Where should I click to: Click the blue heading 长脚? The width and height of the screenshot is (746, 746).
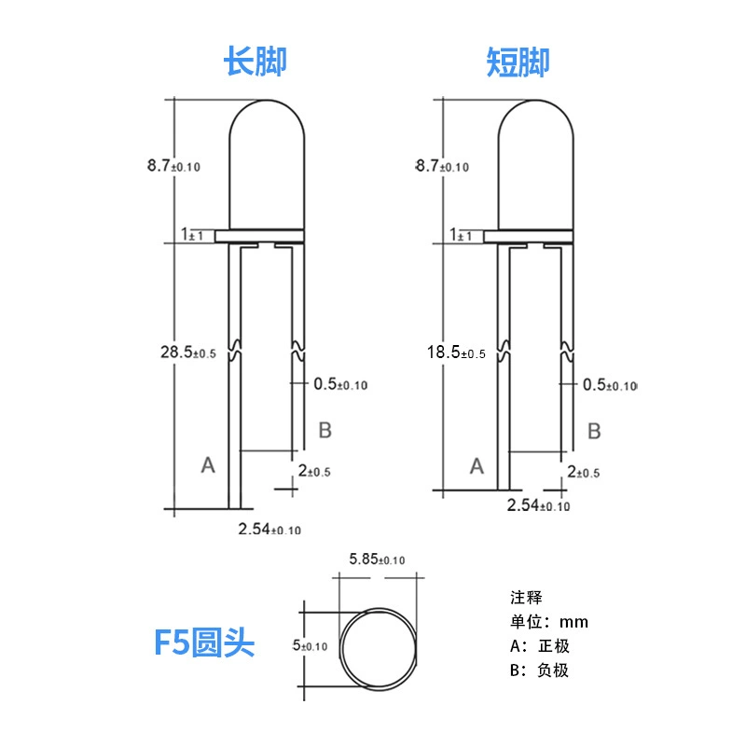coord(255,62)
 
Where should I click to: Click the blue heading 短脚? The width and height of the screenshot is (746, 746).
coord(518,62)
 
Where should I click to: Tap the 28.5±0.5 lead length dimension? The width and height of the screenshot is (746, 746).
coord(188,352)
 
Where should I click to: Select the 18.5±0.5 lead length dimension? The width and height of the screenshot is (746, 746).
coord(456,352)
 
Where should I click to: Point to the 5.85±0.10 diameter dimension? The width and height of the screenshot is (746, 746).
coord(377,559)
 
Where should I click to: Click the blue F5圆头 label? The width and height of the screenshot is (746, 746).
coord(204,642)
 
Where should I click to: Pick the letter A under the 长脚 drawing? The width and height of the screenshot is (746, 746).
coord(208,464)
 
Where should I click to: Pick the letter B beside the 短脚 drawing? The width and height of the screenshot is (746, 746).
coord(594,431)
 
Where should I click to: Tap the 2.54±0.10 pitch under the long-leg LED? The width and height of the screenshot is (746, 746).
coord(269,529)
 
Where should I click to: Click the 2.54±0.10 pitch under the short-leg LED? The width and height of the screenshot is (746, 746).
coord(538,505)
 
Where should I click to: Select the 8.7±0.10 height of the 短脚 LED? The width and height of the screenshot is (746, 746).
coord(442,166)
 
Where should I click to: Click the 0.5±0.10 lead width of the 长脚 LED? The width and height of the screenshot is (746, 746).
coord(340,384)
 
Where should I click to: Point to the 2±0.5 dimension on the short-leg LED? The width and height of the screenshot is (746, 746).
coord(584,472)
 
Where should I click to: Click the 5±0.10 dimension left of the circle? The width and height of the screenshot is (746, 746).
coord(310,645)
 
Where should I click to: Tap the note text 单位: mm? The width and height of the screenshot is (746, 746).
coord(549,622)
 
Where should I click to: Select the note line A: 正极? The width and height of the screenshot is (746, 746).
coord(540,646)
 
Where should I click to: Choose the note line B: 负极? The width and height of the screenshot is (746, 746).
coord(539,670)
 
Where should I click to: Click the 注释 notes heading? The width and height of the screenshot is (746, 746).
coord(526,598)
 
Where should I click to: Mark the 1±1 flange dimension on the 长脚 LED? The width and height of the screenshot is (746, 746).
coord(192,234)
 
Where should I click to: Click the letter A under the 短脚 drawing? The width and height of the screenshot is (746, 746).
coord(477,466)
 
